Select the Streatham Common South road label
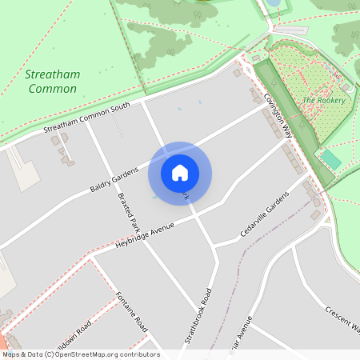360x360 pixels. [x=86, y=118]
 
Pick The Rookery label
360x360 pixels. [x=323, y=100]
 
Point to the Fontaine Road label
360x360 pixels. [x=133, y=313]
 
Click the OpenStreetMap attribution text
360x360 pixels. [x=80, y=354]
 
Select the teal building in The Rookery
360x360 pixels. [x=331, y=159]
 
